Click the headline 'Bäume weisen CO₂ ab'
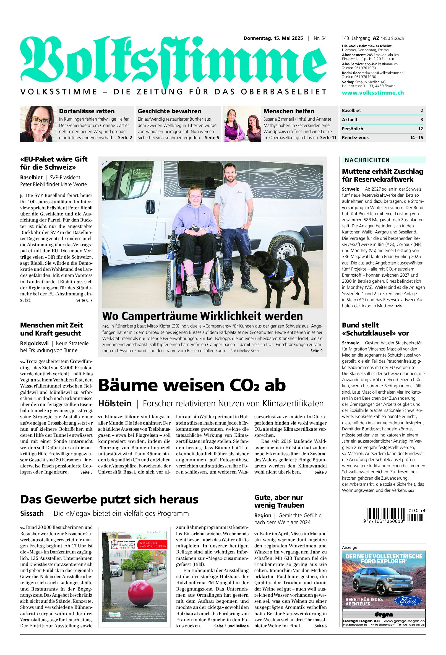click(192, 385)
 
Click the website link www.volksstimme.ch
click(373, 93)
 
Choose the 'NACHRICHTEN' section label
click(367, 160)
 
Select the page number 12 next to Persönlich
click(420, 129)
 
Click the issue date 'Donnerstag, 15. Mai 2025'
click(273, 38)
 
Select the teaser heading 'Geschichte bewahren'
click(169, 111)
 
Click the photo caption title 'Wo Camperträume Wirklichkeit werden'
click(202, 316)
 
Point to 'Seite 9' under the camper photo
click(316, 351)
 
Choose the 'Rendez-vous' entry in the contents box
click(355, 138)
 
